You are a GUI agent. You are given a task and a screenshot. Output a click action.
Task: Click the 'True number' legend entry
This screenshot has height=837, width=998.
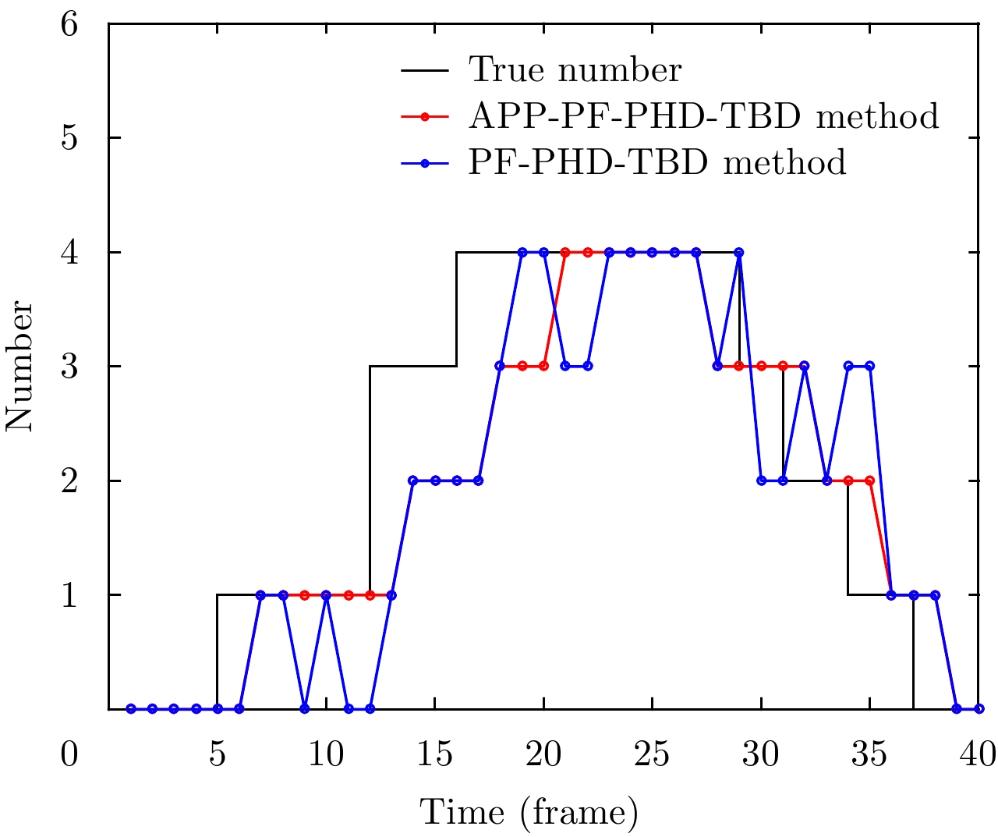575,70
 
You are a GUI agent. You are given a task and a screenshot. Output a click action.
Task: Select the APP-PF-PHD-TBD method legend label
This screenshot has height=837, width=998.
703,116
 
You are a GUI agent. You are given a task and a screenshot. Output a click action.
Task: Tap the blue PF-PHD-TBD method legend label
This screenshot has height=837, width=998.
657,162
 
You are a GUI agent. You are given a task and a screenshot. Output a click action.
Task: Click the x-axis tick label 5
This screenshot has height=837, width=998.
218,754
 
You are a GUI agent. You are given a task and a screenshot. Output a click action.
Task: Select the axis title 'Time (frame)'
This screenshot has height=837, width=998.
529,813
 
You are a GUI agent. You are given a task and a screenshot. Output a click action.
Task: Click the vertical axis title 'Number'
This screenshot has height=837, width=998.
20,367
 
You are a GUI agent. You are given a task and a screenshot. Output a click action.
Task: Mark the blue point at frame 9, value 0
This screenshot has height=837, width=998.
305,708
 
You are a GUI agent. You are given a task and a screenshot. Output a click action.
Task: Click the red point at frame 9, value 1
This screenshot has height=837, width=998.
305,594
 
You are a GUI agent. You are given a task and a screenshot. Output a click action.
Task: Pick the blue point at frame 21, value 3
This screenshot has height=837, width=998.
565,366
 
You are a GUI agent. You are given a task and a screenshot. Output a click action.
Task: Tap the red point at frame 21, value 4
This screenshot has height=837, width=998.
565,252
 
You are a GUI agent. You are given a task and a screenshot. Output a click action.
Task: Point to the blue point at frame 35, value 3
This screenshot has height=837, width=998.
869,366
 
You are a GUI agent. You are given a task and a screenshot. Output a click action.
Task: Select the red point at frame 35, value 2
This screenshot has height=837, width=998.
869,481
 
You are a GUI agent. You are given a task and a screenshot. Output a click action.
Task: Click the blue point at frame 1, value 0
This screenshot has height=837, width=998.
131,708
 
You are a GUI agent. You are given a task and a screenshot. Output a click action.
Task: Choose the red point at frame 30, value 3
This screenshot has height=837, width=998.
761,366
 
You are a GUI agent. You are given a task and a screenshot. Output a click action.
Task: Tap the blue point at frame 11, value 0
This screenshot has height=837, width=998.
349,708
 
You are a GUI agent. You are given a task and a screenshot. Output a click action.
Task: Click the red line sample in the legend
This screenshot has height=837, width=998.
425,116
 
